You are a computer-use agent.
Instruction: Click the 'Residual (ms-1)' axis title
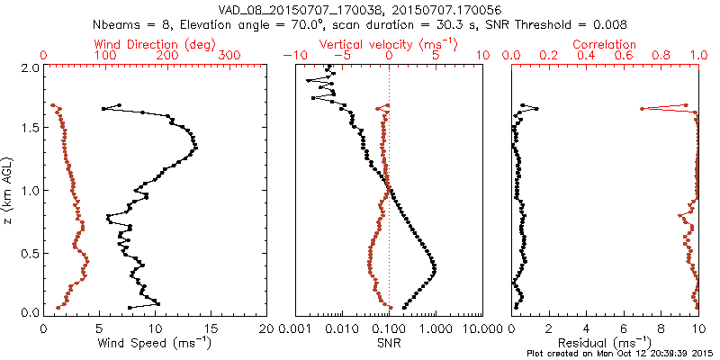click(x=605, y=343)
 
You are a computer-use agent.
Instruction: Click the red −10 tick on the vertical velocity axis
click(x=294, y=56)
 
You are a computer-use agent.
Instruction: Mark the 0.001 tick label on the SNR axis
click(x=296, y=329)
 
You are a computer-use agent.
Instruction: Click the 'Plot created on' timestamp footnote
click(x=620, y=354)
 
